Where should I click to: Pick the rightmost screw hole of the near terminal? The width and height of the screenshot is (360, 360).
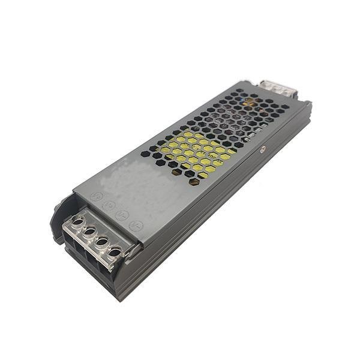[116, 248]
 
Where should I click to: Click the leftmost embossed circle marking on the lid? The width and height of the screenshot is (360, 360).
[96, 196]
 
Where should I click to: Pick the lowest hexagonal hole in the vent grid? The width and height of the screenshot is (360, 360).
[195, 181]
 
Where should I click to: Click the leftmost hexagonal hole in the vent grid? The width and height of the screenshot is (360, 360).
[145, 154]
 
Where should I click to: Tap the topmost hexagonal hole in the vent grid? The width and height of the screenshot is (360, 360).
[239, 91]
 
